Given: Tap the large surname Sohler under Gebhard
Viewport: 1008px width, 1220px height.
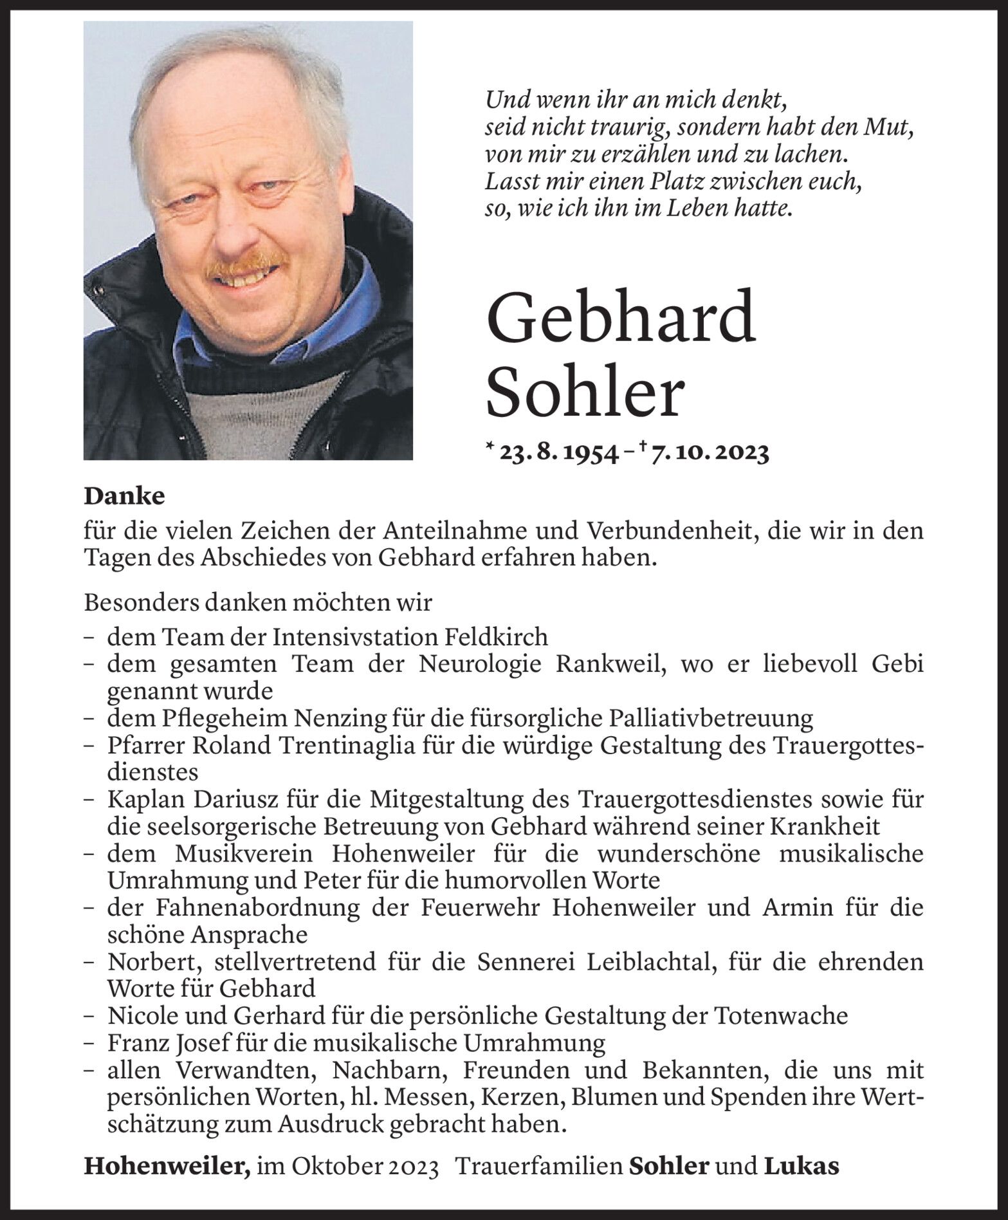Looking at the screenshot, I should (583, 394).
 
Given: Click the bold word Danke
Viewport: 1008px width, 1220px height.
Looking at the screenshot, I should (124, 496).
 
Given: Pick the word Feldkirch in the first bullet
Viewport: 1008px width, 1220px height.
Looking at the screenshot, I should (496, 637).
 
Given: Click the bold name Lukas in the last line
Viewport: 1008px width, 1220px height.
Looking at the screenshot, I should (802, 1166).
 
